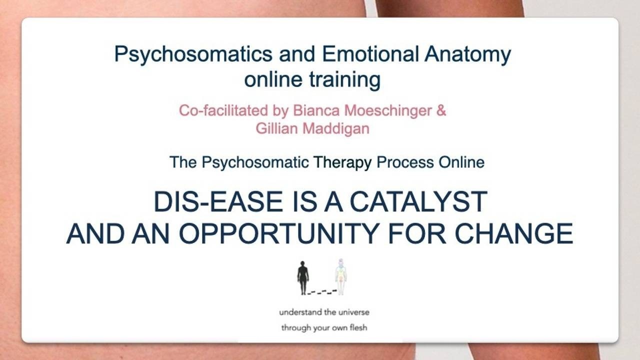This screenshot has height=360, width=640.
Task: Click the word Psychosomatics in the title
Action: pos(193,54)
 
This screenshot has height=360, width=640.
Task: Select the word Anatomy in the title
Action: pos(467,54)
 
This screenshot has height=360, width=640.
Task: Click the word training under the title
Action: pos(345,80)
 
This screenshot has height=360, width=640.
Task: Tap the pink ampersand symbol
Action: pos(441,110)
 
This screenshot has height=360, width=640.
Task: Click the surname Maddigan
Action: pos(336,129)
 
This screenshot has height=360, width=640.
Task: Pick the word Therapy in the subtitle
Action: pos(342,162)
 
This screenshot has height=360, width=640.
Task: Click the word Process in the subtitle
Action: pos(405,162)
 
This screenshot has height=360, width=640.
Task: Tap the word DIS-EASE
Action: pos(218,201)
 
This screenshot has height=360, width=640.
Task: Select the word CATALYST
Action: pos(418,201)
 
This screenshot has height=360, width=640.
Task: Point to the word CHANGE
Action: pos(513,233)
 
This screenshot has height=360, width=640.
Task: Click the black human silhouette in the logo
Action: pos(303,277)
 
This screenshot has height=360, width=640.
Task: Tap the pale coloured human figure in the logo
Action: pos(341,276)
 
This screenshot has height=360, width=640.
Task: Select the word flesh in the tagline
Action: pos(358,327)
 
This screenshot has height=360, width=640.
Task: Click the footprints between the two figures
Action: pos(322,291)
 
